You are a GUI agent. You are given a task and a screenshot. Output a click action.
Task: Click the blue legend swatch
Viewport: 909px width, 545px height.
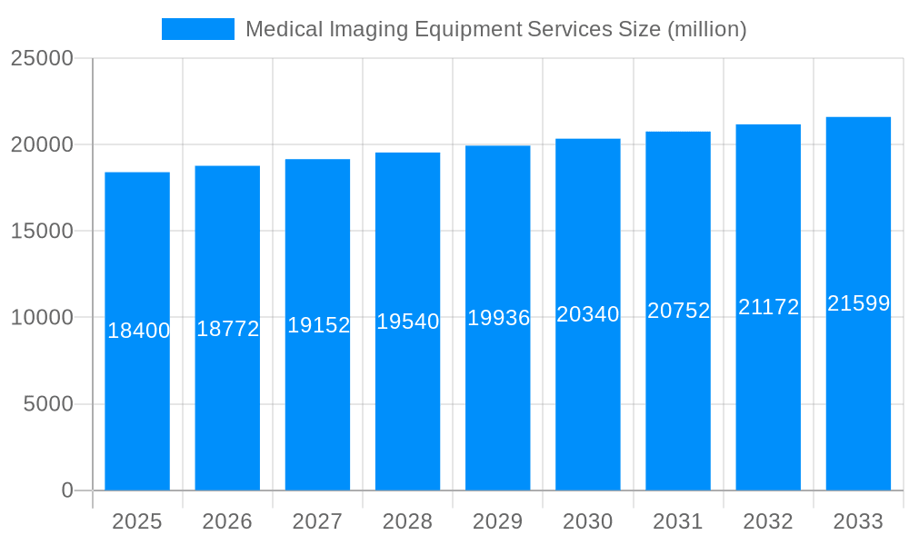pyautogui.click(x=197, y=29)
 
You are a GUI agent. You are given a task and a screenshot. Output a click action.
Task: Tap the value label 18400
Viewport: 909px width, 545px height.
pyautogui.click(x=138, y=331)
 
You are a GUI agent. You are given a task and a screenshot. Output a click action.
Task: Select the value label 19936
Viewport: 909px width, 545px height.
pyautogui.click(x=498, y=318)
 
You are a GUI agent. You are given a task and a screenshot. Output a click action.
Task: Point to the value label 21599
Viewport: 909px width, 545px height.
pyautogui.click(x=858, y=303)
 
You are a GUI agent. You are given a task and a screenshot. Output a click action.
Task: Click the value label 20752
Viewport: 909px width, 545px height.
pyautogui.click(x=678, y=311)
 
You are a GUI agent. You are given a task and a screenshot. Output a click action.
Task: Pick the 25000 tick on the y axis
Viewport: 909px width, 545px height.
pyautogui.click(x=42, y=58)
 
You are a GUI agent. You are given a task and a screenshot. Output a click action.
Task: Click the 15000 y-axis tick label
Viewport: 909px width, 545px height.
pyautogui.click(x=42, y=231)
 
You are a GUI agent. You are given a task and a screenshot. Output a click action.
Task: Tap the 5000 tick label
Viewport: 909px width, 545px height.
pyautogui.click(x=47, y=404)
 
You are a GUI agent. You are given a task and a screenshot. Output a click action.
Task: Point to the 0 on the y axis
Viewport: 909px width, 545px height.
pyautogui.click(x=67, y=490)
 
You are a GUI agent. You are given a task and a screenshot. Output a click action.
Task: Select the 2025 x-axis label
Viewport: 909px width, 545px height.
pyautogui.click(x=137, y=521)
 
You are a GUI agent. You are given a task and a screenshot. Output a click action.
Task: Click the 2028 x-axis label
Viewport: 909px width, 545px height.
pyautogui.click(x=407, y=521)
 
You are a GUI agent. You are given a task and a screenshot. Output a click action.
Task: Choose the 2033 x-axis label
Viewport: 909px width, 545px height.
pyautogui.click(x=858, y=521)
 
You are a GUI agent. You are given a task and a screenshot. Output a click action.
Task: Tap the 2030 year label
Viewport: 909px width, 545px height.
pyautogui.click(x=587, y=521)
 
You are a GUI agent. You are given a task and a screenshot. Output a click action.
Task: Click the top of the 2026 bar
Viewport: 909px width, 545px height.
pyautogui.click(x=227, y=166)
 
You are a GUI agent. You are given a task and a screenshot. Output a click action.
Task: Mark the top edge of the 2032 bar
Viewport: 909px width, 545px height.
pyautogui.click(x=768, y=125)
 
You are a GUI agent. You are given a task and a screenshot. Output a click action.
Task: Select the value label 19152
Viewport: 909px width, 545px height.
pyautogui.click(x=318, y=325)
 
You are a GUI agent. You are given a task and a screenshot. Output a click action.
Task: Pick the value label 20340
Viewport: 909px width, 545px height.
pyautogui.click(x=587, y=314)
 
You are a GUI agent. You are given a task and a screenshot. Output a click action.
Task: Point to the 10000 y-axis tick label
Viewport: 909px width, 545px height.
pyautogui.click(x=42, y=318)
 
